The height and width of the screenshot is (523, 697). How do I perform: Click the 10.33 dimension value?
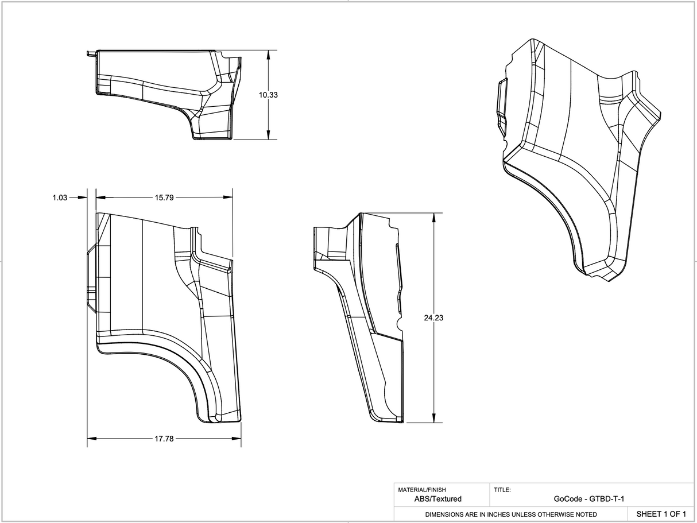point(268,95)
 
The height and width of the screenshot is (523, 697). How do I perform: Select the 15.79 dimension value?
point(164,197)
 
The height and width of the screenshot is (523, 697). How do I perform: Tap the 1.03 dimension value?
point(60,197)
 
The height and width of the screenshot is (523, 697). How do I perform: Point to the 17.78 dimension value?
point(164,439)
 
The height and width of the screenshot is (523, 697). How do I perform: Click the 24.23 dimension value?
point(433,317)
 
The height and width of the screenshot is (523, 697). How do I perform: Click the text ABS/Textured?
point(437,499)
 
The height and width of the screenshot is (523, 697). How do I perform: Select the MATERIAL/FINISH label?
point(421,490)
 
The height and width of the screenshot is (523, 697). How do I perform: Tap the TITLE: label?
point(502,490)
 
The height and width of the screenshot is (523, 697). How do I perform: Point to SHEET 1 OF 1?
point(661,513)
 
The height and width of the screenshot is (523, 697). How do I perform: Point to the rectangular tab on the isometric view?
point(502,101)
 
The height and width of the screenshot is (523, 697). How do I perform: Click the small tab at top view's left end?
point(90,54)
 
